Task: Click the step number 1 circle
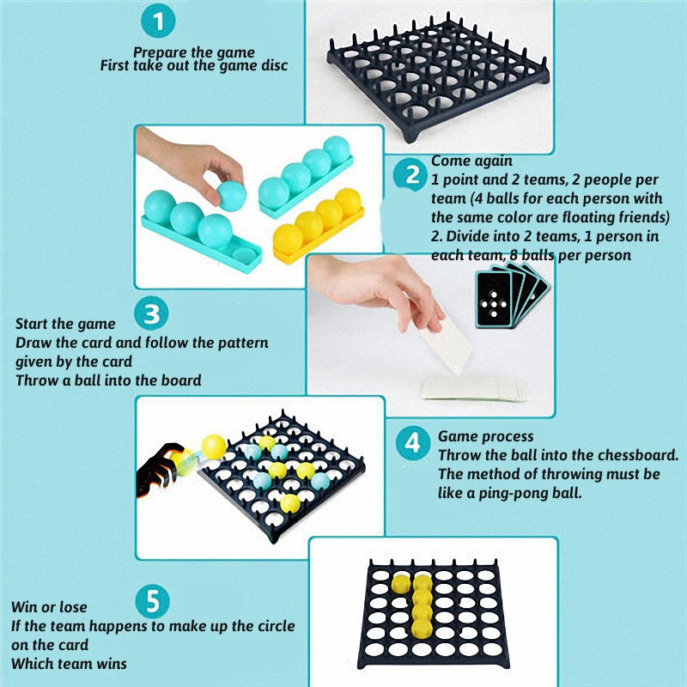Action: [x=158, y=21]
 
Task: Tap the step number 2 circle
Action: [x=410, y=175]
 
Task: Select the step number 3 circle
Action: [x=151, y=313]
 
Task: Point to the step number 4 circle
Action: [x=413, y=443]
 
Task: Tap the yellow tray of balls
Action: [x=319, y=227]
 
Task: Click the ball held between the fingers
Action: [x=232, y=196]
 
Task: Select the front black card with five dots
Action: [x=494, y=300]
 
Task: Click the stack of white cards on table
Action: [x=476, y=389]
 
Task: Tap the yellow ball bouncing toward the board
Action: [x=214, y=447]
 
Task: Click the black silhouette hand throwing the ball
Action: [x=159, y=471]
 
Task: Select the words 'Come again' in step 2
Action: [x=471, y=161]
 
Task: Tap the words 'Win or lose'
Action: [x=49, y=607]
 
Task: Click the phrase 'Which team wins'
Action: [x=70, y=664]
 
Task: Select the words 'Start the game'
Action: [x=65, y=324]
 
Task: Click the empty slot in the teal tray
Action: [x=244, y=255]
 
